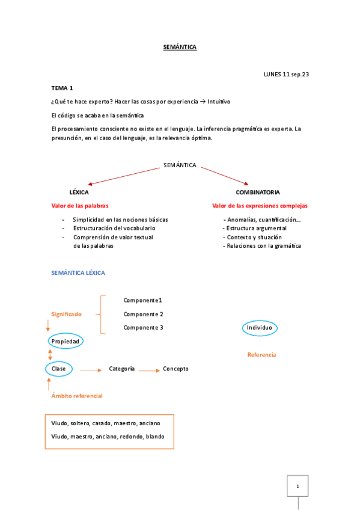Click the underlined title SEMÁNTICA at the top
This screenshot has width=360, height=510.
[x=180, y=46]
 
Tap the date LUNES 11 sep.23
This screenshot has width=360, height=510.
[x=286, y=74]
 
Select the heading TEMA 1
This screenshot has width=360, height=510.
[x=63, y=88]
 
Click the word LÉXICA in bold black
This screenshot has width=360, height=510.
[x=79, y=192]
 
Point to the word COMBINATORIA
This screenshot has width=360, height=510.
[x=258, y=192]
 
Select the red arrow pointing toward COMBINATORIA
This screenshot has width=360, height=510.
[x=224, y=176]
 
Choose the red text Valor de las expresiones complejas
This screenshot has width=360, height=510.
[x=260, y=206]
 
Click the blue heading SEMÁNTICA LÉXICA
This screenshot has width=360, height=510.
[x=79, y=272]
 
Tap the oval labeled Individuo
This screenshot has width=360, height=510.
[x=260, y=328]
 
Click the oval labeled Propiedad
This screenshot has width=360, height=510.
[x=66, y=341]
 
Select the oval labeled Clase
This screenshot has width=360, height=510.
[x=59, y=368]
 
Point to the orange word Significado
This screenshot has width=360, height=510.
[x=66, y=314]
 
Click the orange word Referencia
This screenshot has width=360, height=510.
[x=261, y=355]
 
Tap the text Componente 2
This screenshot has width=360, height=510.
[x=143, y=314]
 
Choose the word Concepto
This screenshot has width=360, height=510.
[x=175, y=369]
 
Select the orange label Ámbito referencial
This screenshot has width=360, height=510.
[x=77, y=396]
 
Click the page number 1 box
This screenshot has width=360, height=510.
[x=297, y=486]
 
